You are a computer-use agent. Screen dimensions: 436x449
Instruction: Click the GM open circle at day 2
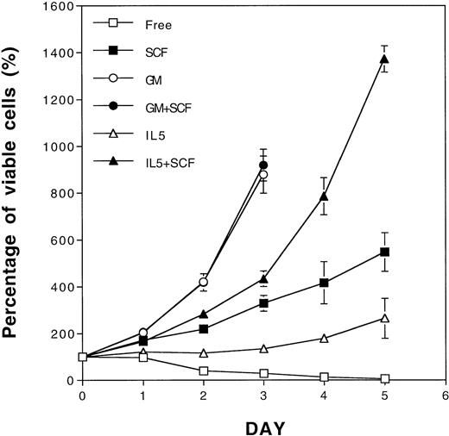coord(203,282)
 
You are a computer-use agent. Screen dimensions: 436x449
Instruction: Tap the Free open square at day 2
coord(203,371)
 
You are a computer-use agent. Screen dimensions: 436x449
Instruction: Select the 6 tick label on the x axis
coord(445,396)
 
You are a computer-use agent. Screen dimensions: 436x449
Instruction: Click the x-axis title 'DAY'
coord(263,426)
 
